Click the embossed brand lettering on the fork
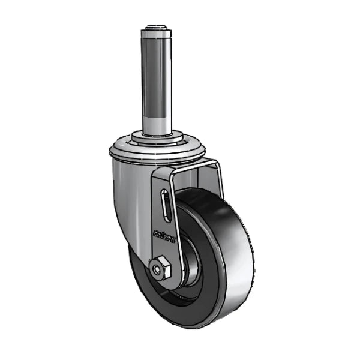[163, 234]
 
